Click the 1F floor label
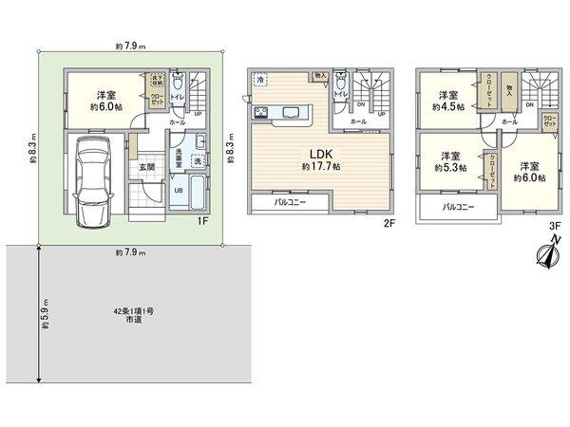[x=201, y=222]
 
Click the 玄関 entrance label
[x=147, y=168]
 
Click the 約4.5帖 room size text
[x=450, y=107]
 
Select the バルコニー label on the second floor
[x=291, y=202]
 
